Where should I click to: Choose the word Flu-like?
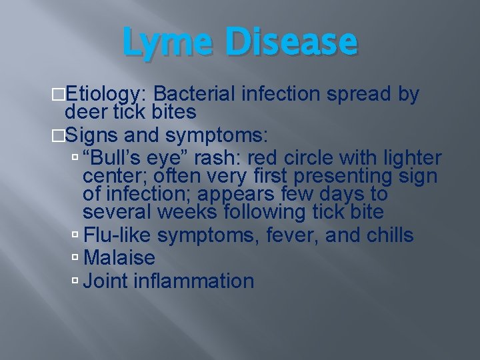[118, 235]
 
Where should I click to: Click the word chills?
[390, 235]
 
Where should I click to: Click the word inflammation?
[194, 281]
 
